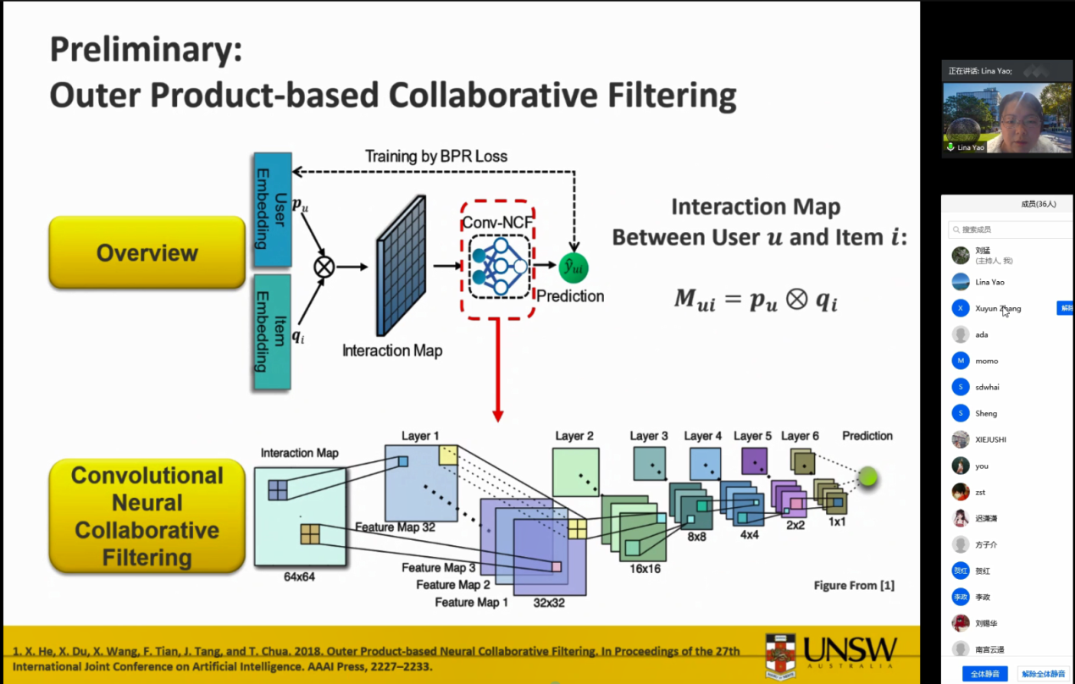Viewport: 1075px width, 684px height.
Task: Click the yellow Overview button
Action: [147, 252]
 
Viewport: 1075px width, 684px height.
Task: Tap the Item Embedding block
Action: [272, 331]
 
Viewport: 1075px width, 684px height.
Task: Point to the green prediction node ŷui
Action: [574, 268]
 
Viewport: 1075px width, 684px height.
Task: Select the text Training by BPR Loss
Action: [435, 156]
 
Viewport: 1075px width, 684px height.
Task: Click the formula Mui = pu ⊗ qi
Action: [756, 299]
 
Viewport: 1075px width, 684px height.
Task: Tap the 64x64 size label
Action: [299, 577]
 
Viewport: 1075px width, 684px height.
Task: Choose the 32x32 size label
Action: [549, 603]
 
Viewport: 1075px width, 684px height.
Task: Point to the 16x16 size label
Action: [645, 569]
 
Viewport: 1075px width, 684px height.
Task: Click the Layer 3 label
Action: [649, 436]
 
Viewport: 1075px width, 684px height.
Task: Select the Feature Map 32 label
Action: [396, 527]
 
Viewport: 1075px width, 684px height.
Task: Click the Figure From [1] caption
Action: [854, 585]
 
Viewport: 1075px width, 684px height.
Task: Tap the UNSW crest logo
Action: [780, 655]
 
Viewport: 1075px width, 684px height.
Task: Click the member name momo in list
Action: [987, 361]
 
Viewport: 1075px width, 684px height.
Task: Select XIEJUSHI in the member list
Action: [991, 439]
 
